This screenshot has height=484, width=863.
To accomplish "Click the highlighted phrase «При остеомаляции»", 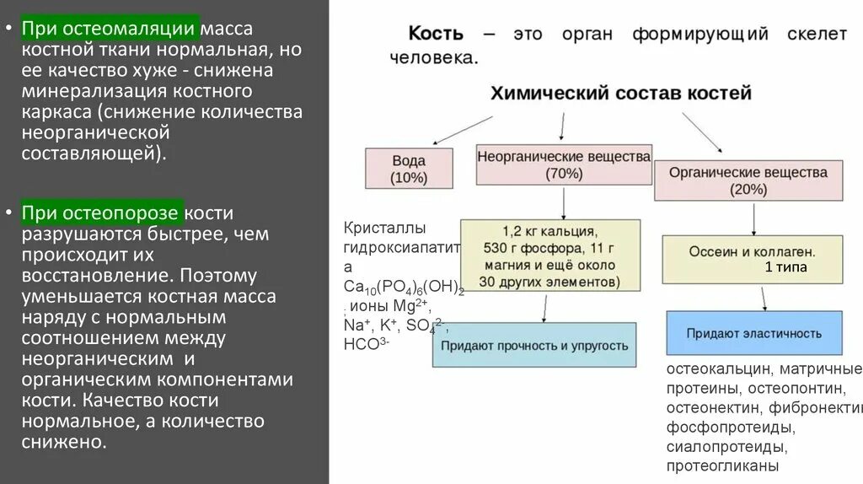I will (x=110, y=29).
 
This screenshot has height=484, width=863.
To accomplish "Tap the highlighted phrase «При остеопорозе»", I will (x=101, y=212).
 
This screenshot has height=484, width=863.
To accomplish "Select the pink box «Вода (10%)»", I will (x=409, y=169).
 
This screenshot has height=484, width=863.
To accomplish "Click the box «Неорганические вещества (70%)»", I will (x=564, y=164).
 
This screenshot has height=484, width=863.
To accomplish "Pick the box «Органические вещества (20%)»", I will (x=748, y=180).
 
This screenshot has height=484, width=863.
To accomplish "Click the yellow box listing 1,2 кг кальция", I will (x=549, y=255).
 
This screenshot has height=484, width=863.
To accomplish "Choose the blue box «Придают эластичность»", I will (x=753, y=333).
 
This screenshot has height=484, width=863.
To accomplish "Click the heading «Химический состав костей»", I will (x=621, y=93).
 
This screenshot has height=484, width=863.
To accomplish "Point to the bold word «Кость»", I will (x=436, y=34).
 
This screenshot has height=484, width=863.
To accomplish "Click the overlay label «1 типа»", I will (x=786, y=267).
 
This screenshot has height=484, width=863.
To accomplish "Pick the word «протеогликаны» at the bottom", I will (x=722, y=465).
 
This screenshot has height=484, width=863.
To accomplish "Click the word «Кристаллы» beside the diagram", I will (x=384, y=229).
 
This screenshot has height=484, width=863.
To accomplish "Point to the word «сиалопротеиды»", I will (x=726, y=446).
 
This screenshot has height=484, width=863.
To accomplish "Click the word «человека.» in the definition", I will (x=434, y=59).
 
